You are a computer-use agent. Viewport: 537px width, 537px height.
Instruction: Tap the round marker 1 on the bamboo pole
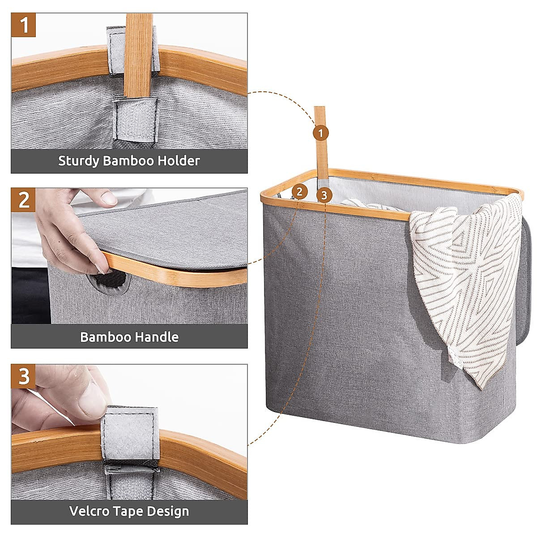pyautogui.click(x=321, y=132)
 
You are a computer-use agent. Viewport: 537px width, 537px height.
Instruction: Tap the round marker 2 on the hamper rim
pyautogui.click(x=299, y=192)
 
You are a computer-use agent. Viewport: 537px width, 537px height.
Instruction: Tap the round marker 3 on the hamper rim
pyautogui.click(x=324, y=195)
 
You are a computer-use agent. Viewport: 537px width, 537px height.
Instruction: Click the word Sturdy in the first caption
pyautogui.click(x=78, y=161)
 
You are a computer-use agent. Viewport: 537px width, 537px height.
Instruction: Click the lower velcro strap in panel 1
pyautogui.click(x=136, y=119)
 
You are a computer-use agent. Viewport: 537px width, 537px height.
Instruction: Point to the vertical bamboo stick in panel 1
pyautogui.click(x=138, y=49)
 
